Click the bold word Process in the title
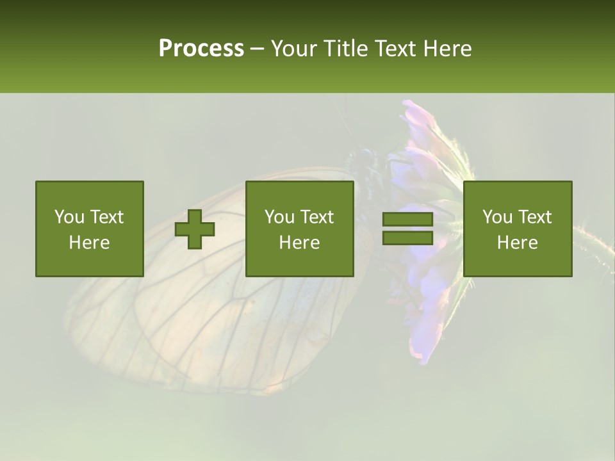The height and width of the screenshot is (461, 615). [x=201, y=49]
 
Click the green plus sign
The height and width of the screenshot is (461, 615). [x=195, y=229]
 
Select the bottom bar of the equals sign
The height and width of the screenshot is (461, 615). [x=407, y=238]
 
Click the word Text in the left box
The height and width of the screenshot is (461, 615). [x=106, y=217]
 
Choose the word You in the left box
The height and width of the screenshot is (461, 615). [x=69, y=217]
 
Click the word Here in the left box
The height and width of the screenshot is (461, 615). [x=89, y=243]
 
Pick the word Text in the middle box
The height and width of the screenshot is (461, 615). [x=316, y=217]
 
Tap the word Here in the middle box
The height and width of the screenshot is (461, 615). [x=299, y=243]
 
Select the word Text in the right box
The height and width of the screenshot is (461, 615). [x=534, y=217]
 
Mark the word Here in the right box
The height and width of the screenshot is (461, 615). [x=517, y=243]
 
